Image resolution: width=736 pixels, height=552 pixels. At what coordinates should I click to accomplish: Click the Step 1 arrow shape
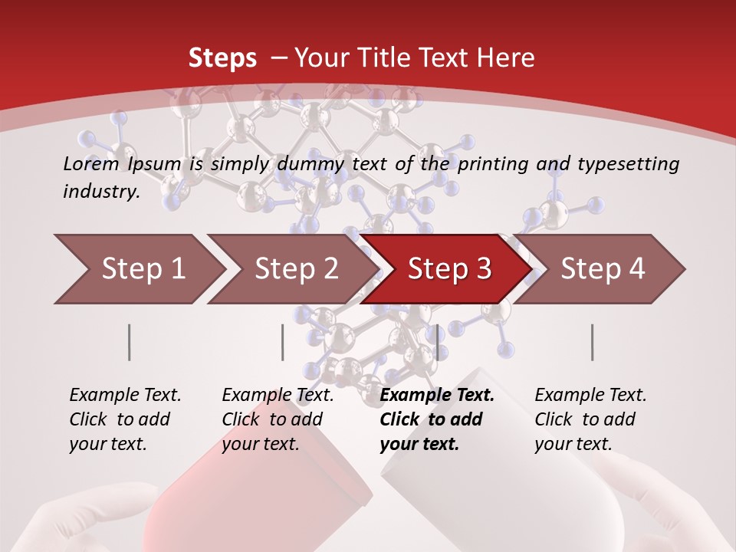click(x=142, y=269)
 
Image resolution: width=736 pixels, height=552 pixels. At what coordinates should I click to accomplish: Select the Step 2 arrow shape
click(x=295, y=269)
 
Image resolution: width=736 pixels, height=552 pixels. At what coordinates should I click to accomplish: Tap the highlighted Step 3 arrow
click(x=449, y=269)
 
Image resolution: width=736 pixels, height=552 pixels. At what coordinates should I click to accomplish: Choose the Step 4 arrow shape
click(x=602, y=269)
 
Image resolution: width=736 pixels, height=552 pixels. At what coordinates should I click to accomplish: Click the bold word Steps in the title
click(x=222, y=58)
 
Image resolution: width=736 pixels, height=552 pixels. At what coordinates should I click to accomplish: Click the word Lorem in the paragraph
click(x=91, y=164)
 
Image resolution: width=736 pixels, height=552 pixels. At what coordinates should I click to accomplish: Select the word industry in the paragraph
click(x=100, y=192)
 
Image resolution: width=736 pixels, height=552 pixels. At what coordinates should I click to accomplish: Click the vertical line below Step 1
click(x=130, y=342)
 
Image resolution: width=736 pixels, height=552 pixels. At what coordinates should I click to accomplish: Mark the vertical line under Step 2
click(x=283, y=342)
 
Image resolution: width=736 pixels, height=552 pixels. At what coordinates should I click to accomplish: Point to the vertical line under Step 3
click(x=437, y=342)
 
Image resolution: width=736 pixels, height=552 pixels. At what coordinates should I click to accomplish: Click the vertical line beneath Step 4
click(x=593, y=342)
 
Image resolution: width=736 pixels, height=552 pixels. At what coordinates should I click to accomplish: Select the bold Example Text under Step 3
click(x=437, y=396)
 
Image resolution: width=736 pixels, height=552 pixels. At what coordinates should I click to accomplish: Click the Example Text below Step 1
click(x=125, y=396)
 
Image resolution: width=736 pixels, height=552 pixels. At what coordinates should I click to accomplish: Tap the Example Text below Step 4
click(x=590, y=396)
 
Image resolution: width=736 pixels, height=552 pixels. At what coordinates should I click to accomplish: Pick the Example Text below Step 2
click(x=278, y=396)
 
